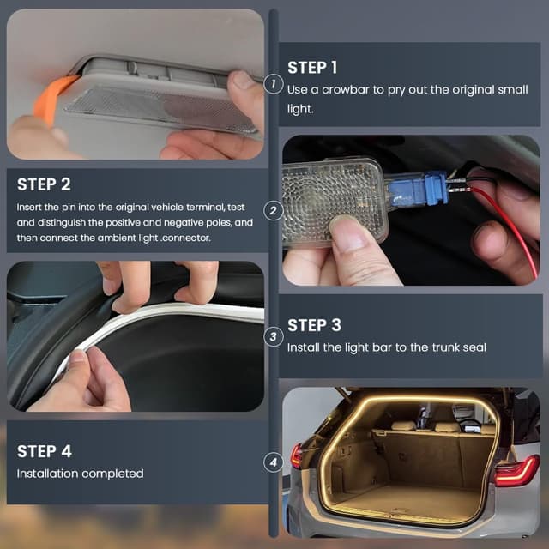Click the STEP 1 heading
tap(312, 68)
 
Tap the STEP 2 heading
tap(44, 184)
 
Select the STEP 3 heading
tap(314, 325)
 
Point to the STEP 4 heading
tap(44, 451)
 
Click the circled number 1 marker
tap(274, 84)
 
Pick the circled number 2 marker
tap(274, 210)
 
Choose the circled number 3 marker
tap(274, 336)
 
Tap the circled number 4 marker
tap(274, 462)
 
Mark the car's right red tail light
tap(516, 471)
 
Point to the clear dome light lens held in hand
tap(335, 203)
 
